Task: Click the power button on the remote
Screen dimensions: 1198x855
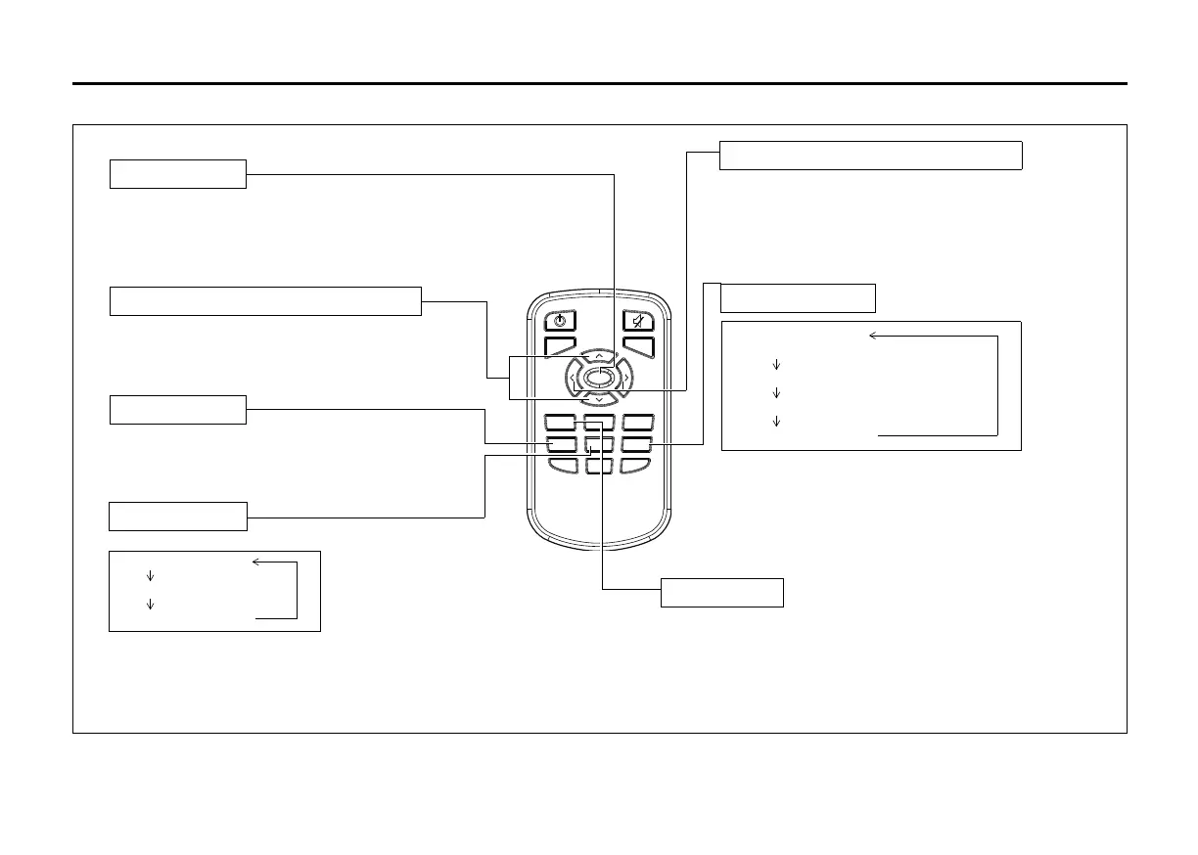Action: point(560,320)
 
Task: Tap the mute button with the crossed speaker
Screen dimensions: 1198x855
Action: point(638,320)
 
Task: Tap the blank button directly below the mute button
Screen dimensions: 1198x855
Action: point(638,345)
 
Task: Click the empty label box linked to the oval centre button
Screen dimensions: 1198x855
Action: point(870,156)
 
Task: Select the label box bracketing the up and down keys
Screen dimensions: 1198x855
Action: point(265,301)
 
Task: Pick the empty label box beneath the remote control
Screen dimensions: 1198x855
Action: point(721,593)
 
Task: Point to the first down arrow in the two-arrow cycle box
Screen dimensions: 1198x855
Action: point(150,576)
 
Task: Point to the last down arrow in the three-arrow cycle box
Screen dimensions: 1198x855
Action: point(776,422)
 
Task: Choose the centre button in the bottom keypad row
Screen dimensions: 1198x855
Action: point(598,466)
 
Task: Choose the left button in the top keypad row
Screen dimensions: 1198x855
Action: point(560,423)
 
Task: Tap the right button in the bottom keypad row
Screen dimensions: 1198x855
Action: point(636,466)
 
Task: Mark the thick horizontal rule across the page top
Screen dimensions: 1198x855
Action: point(599,84)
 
